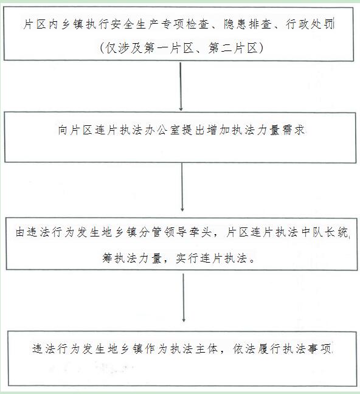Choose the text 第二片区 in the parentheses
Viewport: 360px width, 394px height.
point(233,48)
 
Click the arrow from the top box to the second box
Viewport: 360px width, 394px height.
point(181,86)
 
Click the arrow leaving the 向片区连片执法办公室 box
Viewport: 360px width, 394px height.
point(182,187)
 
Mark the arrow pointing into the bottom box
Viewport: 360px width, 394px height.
point(184,298)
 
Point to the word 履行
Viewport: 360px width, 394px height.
point(269,349)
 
